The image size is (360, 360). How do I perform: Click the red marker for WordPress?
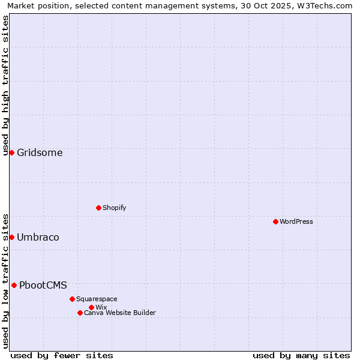pos(275,221)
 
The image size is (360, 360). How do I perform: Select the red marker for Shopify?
pos(98,208)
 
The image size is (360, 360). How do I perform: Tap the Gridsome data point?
pos(11,152)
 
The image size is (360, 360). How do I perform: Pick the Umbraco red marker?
pos(11,237)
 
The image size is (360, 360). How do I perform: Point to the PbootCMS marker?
pos(14,285)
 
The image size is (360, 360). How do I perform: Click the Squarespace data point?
pos(72,299)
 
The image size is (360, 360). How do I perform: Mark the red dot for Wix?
pos(91,307)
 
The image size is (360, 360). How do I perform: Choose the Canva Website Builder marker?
pos(80,313)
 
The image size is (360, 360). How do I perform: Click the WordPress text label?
pos(296,221)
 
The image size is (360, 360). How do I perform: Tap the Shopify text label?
pos(115,208)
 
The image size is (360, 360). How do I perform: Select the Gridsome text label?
pos(40,152)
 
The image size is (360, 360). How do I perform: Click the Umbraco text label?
pos(38,237)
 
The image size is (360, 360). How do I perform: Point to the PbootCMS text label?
pos(43,285)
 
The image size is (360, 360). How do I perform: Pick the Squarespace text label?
pos(97,299)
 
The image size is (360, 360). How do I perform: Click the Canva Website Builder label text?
pos(120,313)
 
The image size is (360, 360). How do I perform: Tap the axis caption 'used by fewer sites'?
pos(62,355)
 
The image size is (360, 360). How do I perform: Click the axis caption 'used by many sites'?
pos(301,355)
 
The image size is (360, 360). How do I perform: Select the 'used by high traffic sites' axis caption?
pos(5,85)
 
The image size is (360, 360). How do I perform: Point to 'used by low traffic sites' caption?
pos(5,280)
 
